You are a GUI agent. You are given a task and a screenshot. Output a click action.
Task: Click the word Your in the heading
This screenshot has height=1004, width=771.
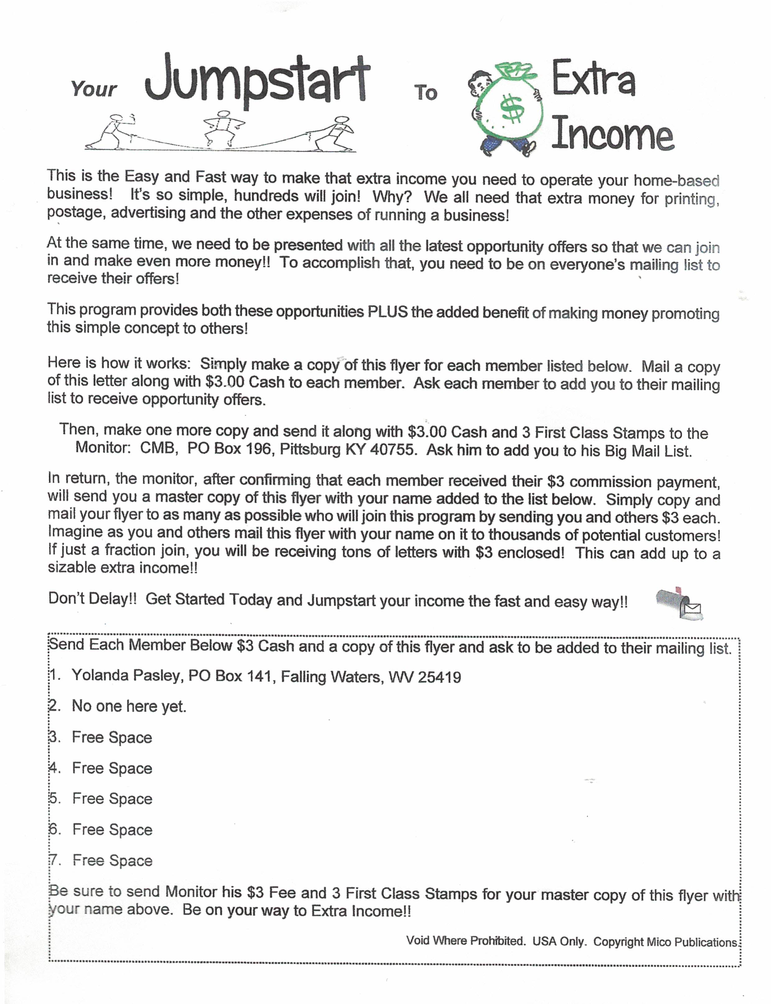(94, 89)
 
